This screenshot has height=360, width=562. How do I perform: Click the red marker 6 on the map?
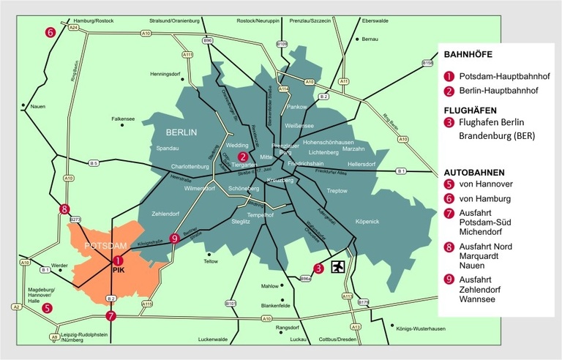(50, 32)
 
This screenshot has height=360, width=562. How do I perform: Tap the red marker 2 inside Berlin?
(243, 156)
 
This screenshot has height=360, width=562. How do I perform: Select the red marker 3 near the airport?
(318, 268)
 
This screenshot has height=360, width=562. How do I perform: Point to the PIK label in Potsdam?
(119, 270)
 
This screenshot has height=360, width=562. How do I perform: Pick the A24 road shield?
(74, 27)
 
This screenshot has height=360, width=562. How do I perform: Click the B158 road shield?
(428, 64)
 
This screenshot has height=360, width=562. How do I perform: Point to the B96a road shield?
(307, 279)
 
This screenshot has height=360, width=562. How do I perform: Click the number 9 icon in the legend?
(449, 278)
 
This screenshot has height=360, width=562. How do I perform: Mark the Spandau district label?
(168, 149)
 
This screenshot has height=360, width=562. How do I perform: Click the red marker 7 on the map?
(110, 316)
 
